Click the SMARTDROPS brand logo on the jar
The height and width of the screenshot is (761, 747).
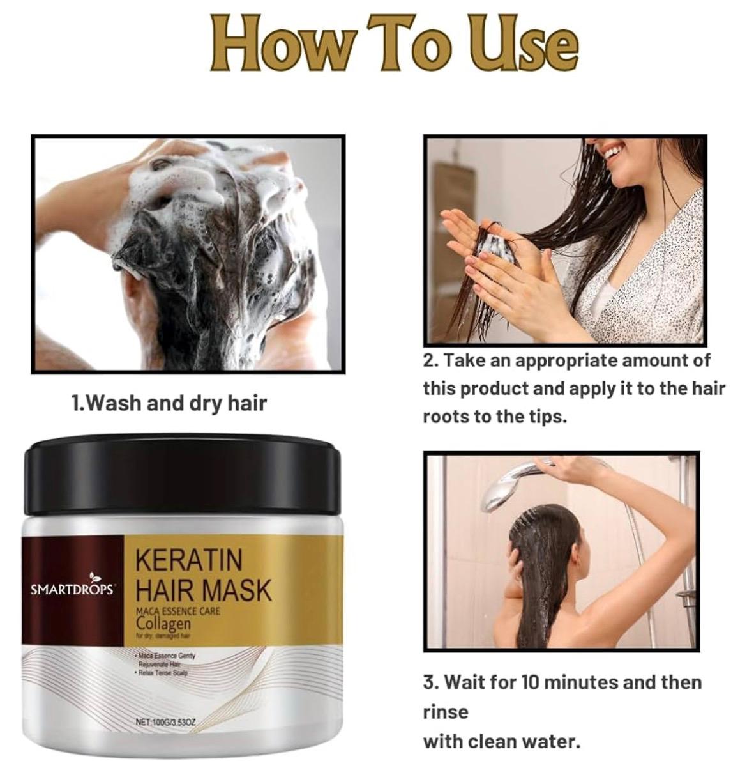pos(72,587)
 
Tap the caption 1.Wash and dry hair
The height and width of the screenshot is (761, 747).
pos(169,403)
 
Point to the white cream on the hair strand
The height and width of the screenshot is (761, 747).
pos(495,245)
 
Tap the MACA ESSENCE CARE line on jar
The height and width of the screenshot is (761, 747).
pos(178,611)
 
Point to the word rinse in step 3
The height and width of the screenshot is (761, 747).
pos(446,712)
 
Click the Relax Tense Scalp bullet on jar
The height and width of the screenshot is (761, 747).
pos(165,672)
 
